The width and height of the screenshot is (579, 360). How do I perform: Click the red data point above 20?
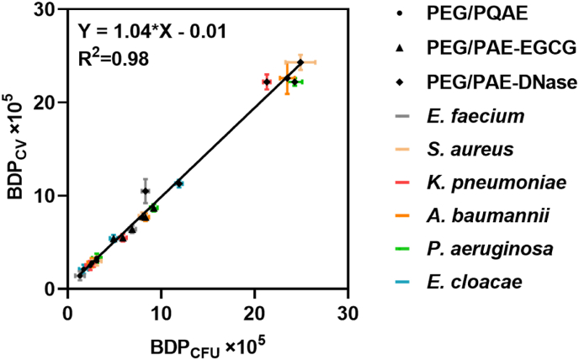(x=267, y=82)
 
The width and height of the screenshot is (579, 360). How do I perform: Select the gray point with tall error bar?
(x=145, y=191)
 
